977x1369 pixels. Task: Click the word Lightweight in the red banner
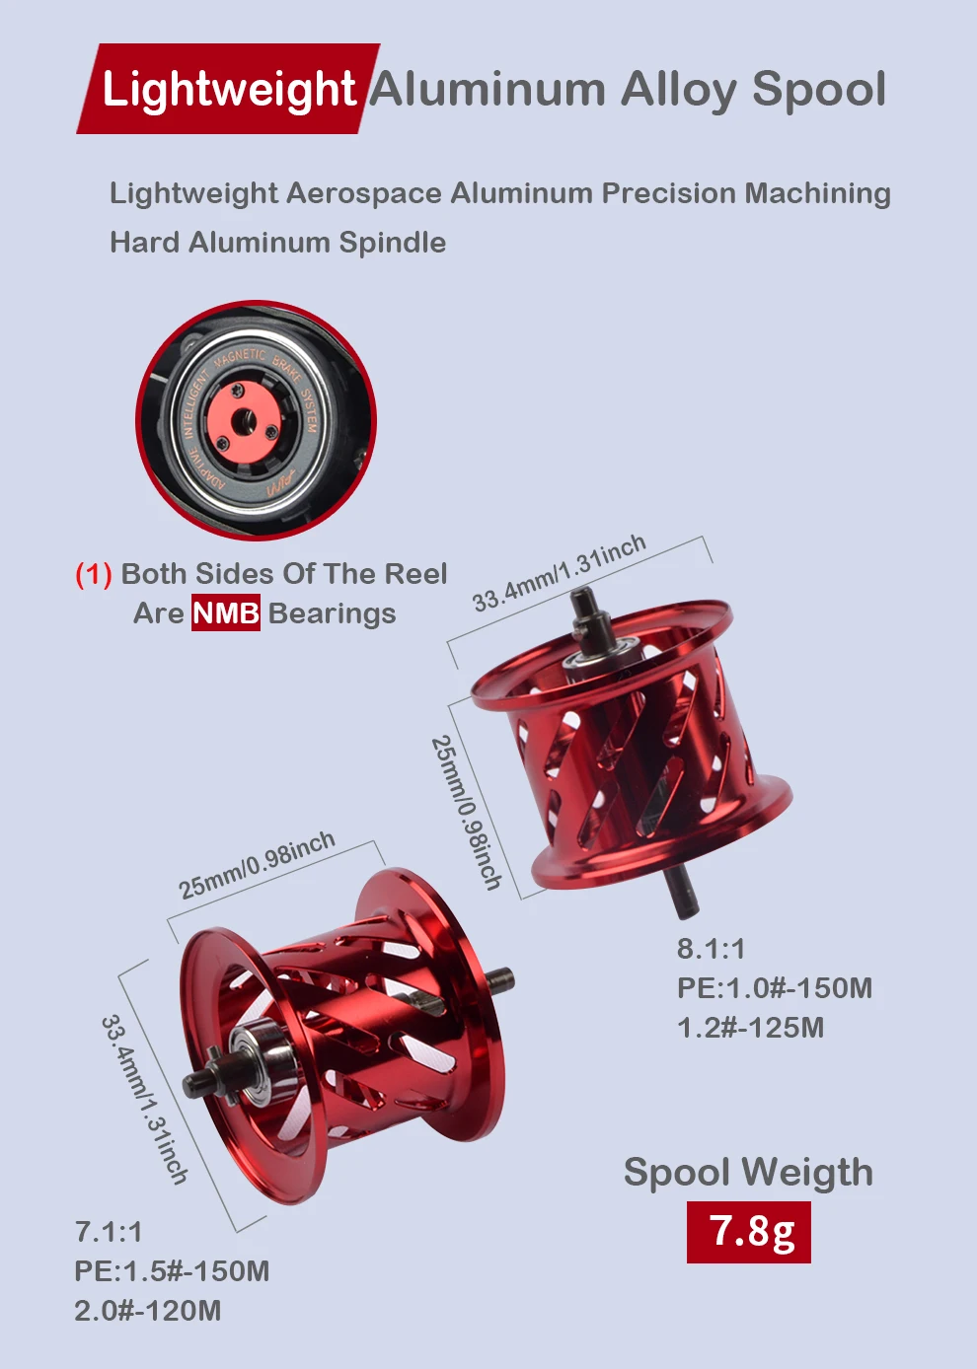pos(229,90)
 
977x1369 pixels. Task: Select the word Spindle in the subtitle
pos(393,244)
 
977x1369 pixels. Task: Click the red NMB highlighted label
pos(226,613)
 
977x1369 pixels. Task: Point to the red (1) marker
pos(94,574)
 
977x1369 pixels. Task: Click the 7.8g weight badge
pos(748,1232)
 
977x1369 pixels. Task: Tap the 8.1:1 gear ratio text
pos(712,949)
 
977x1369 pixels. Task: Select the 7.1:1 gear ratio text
pos(109,1232)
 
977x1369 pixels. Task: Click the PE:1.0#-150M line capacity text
pos(775,988)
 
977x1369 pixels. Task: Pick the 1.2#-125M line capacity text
pos(750,1028)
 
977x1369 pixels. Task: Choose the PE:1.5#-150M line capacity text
pos(172,1271)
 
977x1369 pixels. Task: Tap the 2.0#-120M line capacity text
pos(147,1311)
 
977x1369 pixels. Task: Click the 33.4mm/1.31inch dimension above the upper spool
pos(560,573)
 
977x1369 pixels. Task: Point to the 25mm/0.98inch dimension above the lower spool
pos(257,865)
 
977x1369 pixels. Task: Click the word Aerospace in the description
pos(364,193)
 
